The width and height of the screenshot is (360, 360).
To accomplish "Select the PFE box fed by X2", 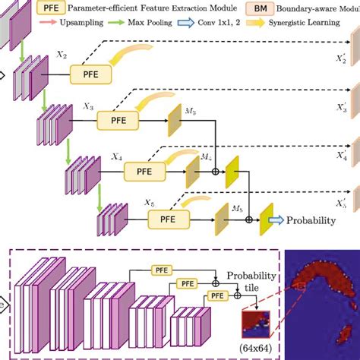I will [x=90, y=74].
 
